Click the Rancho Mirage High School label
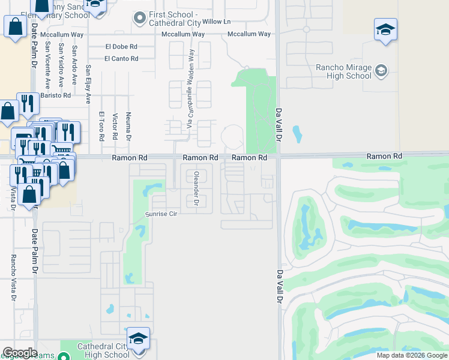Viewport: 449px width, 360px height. [343, 71]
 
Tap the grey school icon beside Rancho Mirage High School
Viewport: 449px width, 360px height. [381, 72]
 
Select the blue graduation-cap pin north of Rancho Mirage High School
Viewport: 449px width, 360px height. [385, 29]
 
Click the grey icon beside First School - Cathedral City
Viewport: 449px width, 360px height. [140, 18]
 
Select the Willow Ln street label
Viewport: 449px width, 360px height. [216, 22]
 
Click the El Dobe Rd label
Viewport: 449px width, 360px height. [121, 46]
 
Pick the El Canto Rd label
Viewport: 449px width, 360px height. [121, 58]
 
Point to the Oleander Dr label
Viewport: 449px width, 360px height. [196, 189]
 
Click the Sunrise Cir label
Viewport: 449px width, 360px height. [163, 214]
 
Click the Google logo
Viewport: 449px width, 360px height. [19, 353]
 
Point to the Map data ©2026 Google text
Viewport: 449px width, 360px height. [411, 355]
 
